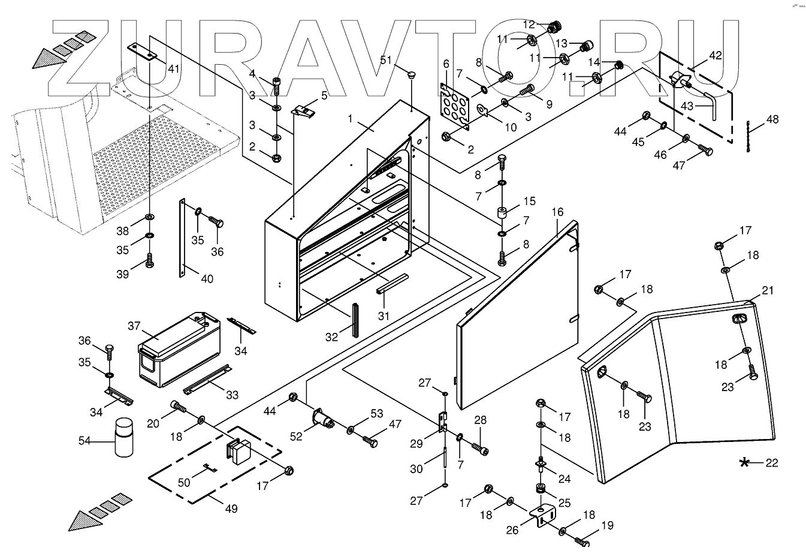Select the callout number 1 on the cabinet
click(351, 118)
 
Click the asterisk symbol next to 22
click(745, 462)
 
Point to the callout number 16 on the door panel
click(557, 212)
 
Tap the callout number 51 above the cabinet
click(386, 60)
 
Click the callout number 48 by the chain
click(772, 119)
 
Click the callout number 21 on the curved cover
click(768, 291)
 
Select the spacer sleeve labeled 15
click(502, 213)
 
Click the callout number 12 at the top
click(529, 25)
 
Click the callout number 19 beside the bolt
click(607, 526)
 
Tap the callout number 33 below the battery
click(232, 394)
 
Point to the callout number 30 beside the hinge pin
click(416, 469)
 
